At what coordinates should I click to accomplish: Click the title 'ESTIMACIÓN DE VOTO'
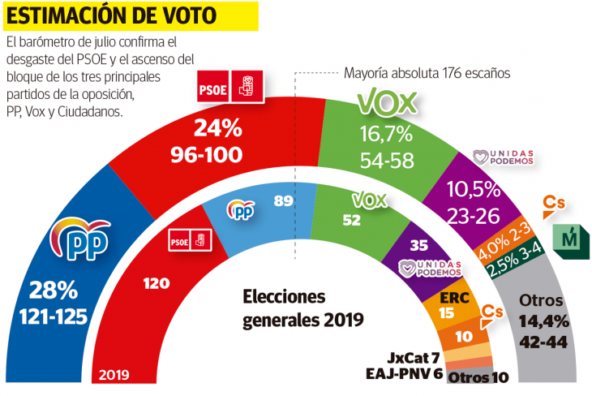112,15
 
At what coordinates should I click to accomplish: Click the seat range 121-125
54,316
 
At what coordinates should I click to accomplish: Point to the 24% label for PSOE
217,128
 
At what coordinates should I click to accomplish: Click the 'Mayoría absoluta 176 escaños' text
427,72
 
